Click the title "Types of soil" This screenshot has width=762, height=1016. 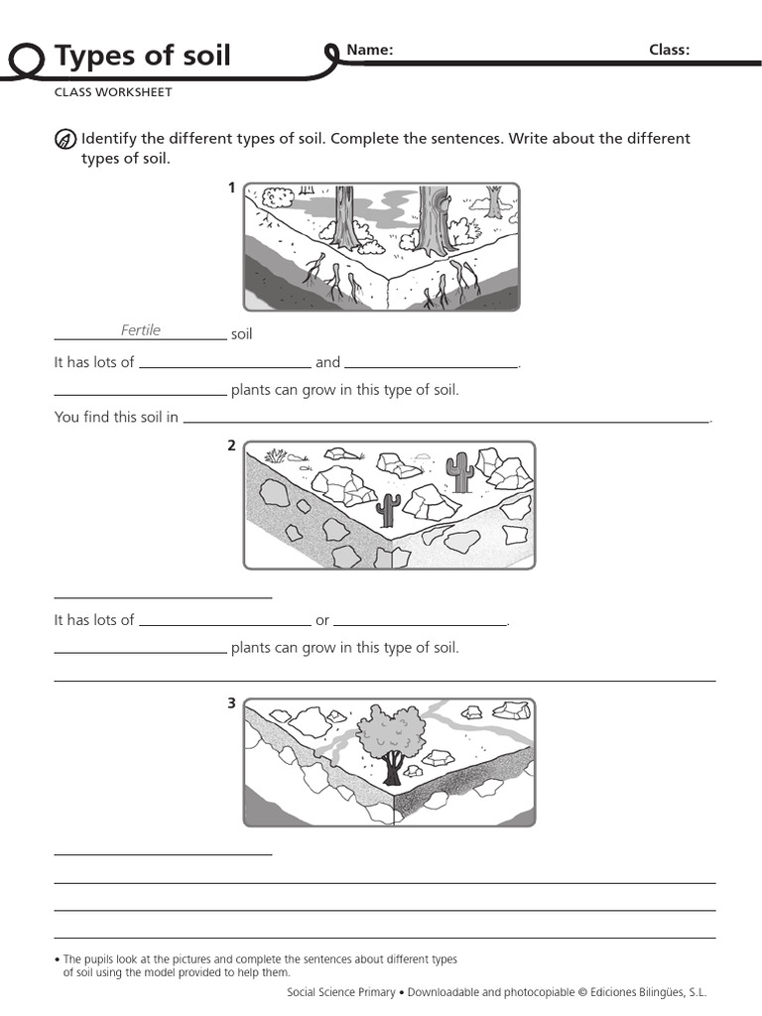click(x=142, y=56)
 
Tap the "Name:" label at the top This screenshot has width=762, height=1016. click(x=369, y=51)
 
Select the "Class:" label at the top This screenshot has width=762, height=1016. click(x=669, y=51)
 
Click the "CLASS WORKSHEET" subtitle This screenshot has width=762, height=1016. click(x=113, y=92)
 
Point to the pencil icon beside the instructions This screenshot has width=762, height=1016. click(x=64, y=139)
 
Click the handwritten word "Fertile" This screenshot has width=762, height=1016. click(x=141, y=330)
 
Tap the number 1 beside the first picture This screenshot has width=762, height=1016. click(x=232, y=188)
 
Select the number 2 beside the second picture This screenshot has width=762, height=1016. click(x=232, y=445)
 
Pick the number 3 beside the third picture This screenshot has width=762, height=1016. click(x=232, y=703)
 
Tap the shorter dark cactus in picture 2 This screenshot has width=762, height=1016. click(x=389, y=509)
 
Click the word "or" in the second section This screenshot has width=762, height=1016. click(x=322, y=620)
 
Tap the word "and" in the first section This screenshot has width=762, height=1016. click(x=327, y=362)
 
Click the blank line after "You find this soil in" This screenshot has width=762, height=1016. click(x=445, y=421)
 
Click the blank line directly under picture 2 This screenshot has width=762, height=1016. click(x=163, y=597)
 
